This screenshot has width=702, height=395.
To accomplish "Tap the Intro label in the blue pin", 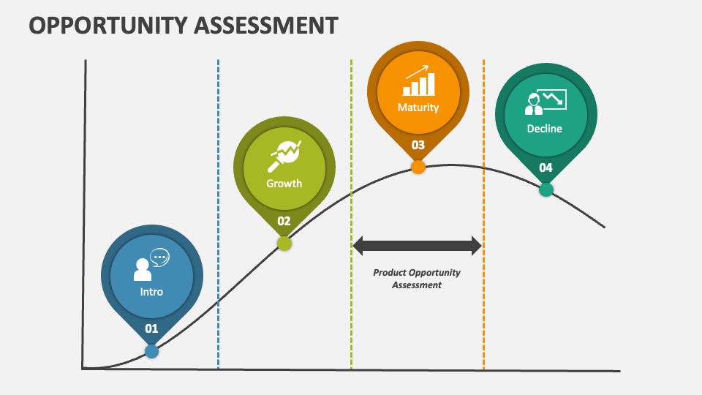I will pos(151,292).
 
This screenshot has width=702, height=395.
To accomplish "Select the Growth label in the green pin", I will pos(284,184).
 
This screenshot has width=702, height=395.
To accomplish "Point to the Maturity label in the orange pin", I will pos(418,108).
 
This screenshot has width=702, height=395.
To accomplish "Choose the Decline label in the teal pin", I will pos(545,129).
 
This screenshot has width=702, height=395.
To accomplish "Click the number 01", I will pos(151,328).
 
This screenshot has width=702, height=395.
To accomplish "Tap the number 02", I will pos(284,221).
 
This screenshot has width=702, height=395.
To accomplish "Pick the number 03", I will pos(418,145).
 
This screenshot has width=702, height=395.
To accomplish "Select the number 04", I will pos(546,168).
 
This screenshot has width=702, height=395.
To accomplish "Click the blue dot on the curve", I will pos(151,351).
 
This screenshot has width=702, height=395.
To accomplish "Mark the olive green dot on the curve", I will pos(284,244).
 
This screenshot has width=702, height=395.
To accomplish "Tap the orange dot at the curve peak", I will pos(418,167).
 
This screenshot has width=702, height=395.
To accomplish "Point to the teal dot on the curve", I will pos(546,190).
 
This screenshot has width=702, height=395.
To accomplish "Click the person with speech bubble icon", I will pos(151,266).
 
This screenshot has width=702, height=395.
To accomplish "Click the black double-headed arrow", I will pos(418,246).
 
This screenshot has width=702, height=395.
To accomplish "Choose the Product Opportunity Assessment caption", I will pos(417,279).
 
